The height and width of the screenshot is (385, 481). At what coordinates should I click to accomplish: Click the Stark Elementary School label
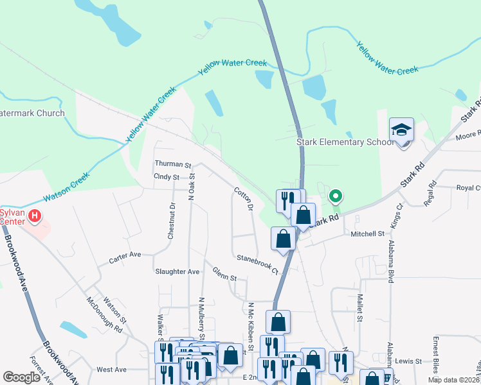click(344, 142)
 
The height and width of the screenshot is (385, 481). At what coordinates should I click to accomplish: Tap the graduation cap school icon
click(401, 131)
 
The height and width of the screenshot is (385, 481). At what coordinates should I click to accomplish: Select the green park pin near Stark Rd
click(334, 196)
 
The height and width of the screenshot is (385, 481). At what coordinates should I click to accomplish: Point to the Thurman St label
click(173, 165)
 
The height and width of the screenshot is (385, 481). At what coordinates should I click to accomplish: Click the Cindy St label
click(166, 176)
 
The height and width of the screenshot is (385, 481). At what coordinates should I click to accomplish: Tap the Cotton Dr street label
click(244, 199)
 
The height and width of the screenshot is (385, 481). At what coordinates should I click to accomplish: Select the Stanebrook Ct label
click(260, 264)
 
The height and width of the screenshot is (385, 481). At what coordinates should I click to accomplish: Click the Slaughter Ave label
click(177, 271)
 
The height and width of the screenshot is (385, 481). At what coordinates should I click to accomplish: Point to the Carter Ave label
click(125, 255)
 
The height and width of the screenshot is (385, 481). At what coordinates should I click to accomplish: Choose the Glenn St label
click(225, 274)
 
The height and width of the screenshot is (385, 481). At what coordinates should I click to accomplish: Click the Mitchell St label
click(367, 234)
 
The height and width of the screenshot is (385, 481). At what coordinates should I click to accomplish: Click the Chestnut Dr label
click(172, 221)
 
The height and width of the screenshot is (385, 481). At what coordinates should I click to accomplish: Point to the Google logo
click(21, 377)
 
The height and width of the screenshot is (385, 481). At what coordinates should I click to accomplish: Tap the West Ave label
click(111, 370)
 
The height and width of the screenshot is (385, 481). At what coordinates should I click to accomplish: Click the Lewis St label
click(408, 362)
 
